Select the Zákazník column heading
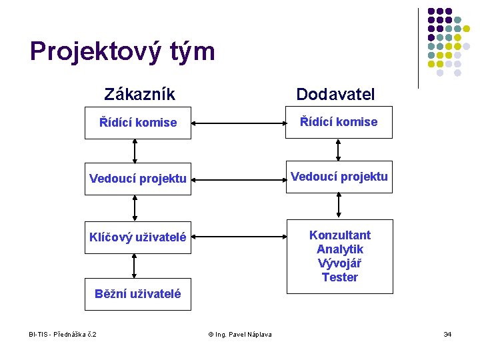(139, 94)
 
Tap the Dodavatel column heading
(335, 94)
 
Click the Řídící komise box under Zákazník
(137, 123)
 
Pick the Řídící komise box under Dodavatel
(339, 122)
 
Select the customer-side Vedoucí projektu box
(137, 179)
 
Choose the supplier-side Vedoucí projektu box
(339, 177)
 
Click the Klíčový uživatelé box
(137, 237)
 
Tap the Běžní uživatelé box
(137, 294)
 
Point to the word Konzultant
(339, 235)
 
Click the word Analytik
(339, 249)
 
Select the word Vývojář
(339, 263)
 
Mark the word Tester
(339, 277)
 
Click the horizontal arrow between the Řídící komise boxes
(239, 123)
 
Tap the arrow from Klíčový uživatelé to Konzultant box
(239, 237)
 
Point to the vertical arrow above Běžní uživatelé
(135, 265)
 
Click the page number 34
(447, 334)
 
